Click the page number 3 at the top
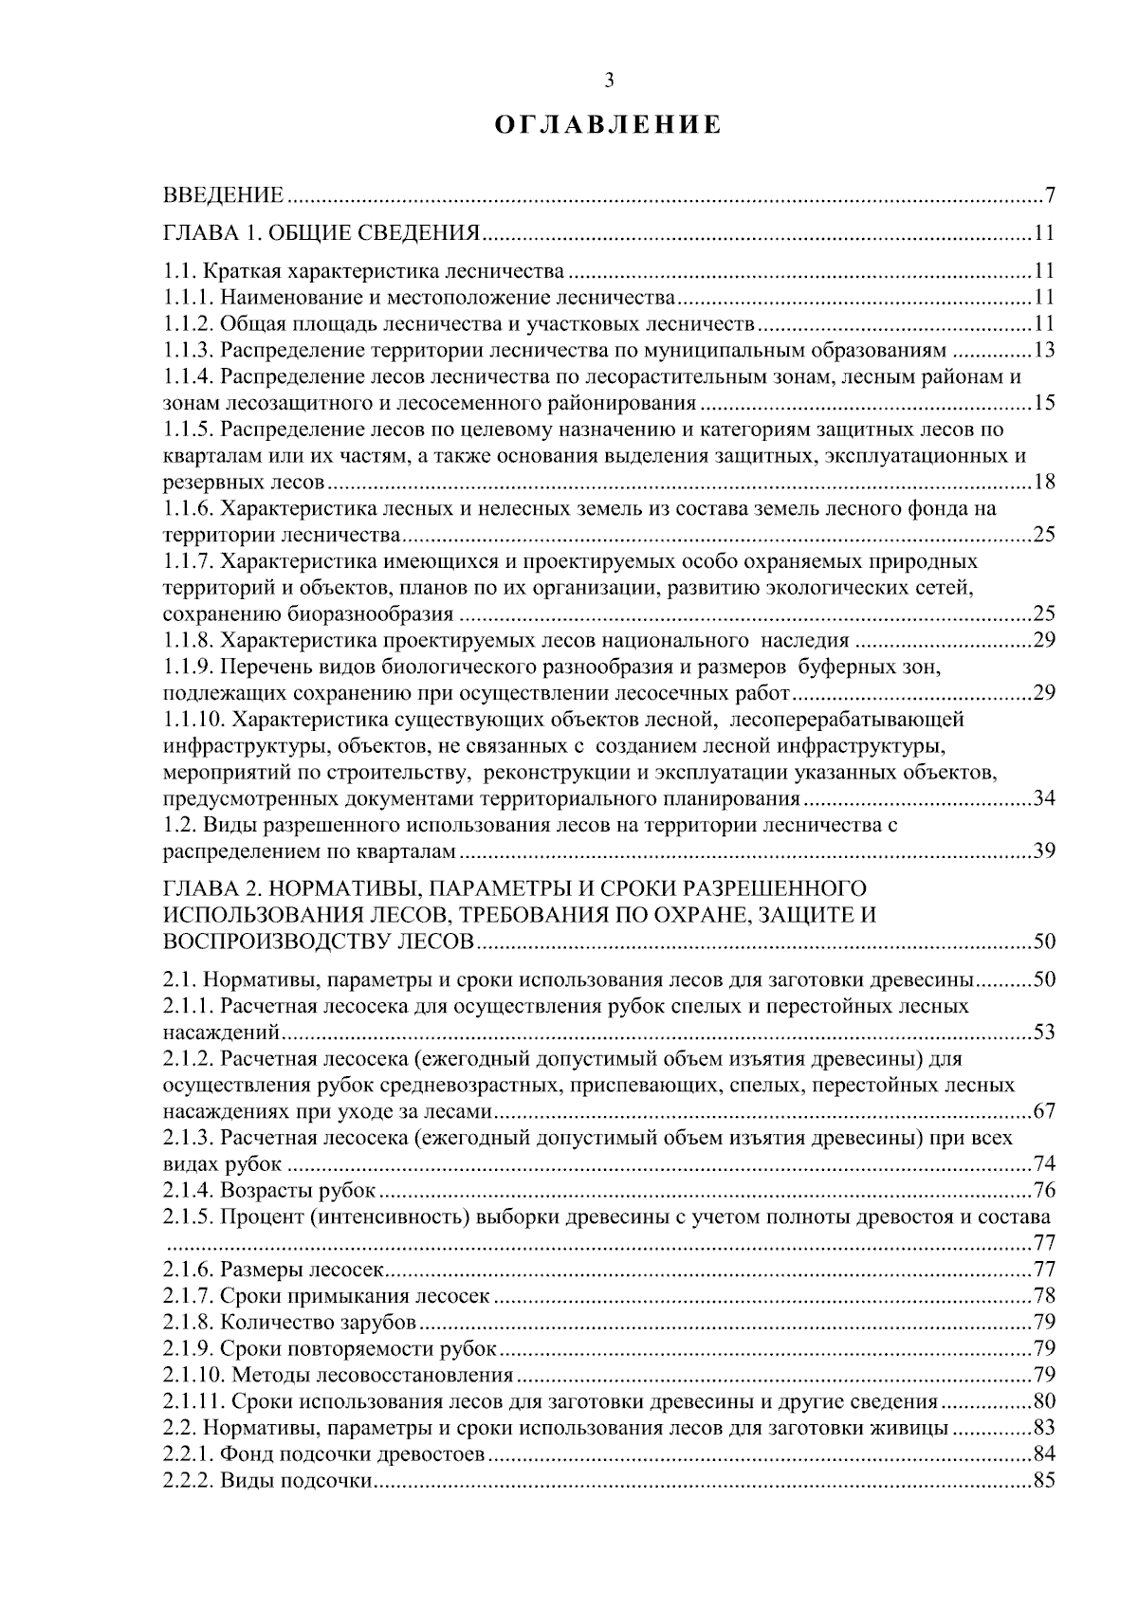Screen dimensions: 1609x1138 click(x=609, y=81)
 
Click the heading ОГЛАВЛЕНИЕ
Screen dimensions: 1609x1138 click(x=609, y=125)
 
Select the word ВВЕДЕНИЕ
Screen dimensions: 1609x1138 click(x=224, y=196)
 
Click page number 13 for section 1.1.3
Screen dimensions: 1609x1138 click(x=1043, y=350)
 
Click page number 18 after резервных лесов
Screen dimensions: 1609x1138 click(x=1043, y=483)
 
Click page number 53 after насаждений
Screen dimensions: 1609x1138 click(x=1043, y=1033)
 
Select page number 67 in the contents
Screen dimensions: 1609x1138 click(x=1043, y=1112)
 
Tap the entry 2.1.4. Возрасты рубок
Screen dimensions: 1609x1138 click(x=270, y=1191)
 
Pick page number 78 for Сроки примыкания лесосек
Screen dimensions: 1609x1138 click(x=1043, y=1296)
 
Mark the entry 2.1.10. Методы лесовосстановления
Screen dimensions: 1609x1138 click(x=338, y=1376)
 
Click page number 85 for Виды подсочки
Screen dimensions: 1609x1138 click(x=1043, y=1481)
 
